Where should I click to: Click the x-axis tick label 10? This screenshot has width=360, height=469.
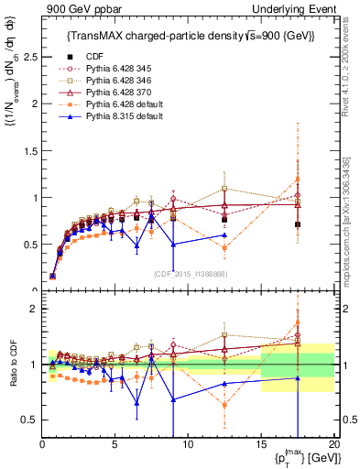coord(187,444)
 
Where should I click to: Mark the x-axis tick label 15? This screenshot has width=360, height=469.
coord(260,444)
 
